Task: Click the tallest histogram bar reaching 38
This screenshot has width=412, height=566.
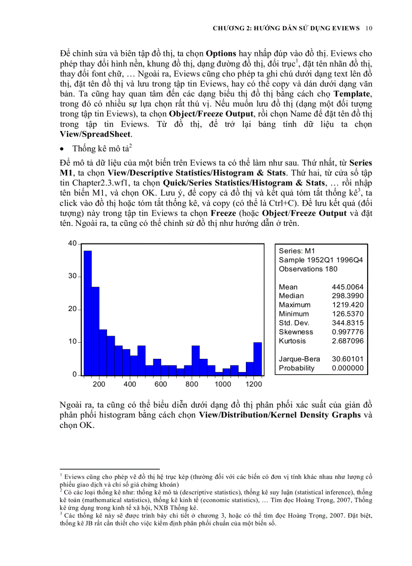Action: [x=87, y=312]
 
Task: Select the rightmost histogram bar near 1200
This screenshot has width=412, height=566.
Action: [x=257, y=358]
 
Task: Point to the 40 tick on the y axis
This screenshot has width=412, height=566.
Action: [x=73, y=243]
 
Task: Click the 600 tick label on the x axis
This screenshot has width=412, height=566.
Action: [x=161, y=384]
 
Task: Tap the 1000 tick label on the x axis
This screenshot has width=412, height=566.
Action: [x=223, y=384]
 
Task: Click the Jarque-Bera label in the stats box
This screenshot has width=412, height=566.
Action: [x=298, y=359]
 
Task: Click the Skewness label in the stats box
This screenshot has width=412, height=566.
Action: [x=296, y=332]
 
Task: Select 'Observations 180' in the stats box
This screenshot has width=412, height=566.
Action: [x=308, y=269]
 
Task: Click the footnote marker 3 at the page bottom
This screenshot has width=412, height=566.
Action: [x=61, y=513]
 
